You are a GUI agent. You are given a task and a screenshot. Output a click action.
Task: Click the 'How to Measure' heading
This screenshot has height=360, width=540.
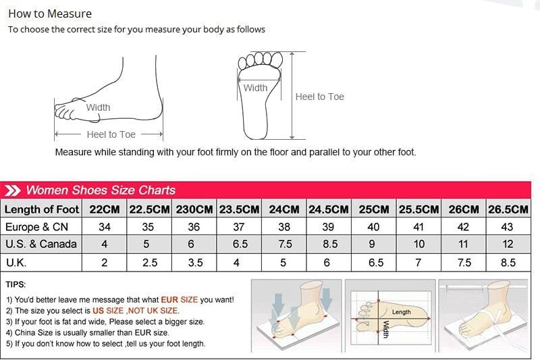point(50,14)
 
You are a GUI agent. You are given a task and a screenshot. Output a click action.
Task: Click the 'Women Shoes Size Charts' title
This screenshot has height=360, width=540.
point(101,190)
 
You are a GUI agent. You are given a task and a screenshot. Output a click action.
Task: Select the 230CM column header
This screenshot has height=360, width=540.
point(194,209)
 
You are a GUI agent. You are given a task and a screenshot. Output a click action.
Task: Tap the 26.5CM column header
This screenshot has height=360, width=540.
point(508,209)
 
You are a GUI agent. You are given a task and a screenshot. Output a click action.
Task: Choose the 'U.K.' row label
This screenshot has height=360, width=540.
point(16,262)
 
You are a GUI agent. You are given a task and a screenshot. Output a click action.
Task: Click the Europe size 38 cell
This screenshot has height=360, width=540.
point(284,227)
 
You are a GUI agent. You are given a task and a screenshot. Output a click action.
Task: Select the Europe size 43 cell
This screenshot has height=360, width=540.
point(508,227)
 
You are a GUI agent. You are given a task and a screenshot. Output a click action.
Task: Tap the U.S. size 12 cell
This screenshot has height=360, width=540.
point(508,245)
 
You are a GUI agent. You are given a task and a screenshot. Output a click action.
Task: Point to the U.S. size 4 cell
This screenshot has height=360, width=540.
point(105,245)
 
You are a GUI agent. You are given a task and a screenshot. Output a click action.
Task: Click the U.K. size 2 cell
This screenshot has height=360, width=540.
point(105,262)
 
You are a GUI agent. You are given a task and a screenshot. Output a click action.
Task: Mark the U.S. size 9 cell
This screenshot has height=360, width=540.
point(373,245)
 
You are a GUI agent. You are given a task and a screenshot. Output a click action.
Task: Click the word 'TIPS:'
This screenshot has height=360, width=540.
point(16,285)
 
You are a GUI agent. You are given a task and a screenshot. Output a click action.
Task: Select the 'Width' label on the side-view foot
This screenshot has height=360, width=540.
point(98,107)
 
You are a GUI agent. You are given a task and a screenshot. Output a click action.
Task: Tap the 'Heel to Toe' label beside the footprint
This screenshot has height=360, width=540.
point(320,97)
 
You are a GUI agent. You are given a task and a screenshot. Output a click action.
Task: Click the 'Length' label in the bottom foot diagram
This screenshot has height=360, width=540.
point(401,312)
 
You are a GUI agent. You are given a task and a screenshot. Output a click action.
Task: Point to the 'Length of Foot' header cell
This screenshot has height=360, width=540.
point(42,209)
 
